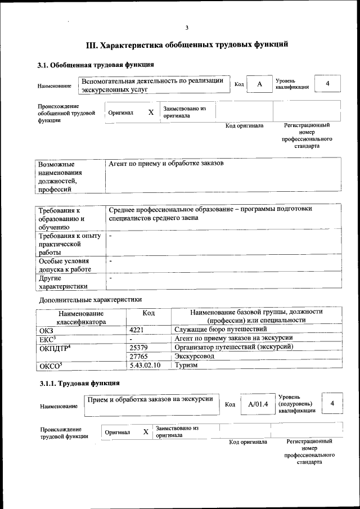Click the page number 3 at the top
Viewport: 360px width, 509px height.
coord(187,28)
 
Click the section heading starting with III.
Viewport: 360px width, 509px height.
coord(187,44)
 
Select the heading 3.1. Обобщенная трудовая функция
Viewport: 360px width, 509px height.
coord(96,65)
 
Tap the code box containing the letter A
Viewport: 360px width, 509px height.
coord(259,84)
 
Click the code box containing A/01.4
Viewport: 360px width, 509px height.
coord(258,404)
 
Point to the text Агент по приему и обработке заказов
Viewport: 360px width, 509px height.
coord(166,163)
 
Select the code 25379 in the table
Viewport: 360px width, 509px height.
coord(138,347)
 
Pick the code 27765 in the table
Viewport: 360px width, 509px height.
coord(138,356)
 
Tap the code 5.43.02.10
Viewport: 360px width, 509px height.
coord(145,365)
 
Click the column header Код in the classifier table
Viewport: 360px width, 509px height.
coord(148,313)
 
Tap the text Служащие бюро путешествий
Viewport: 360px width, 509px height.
coord(220,329)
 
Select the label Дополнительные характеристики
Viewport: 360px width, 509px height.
coord(89,299)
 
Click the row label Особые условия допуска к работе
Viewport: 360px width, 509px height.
coord(66,266)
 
